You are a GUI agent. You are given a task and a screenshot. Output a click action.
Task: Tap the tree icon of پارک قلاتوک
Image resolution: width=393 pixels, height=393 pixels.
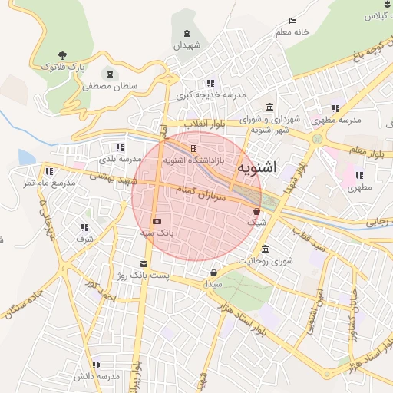[x=61, y=55]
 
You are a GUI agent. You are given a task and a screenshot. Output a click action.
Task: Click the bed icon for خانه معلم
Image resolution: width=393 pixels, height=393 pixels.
[x=292, y=21]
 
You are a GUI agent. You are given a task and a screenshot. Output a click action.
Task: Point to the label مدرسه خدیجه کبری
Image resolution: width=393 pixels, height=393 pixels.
[x=210, y=95]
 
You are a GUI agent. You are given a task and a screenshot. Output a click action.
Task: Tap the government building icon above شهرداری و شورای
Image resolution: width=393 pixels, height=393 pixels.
[x=269, y=107]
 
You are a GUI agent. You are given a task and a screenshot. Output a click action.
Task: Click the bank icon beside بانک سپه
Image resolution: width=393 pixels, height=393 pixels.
[x=157, y=221]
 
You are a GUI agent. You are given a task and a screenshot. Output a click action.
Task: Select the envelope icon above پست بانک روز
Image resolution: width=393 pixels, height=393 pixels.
[x=144, y=264]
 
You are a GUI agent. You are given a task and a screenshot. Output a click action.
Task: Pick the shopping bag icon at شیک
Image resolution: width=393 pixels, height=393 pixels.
[x=256, y=210]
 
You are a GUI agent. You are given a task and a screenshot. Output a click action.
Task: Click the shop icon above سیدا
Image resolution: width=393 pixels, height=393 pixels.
[x=213, y=272]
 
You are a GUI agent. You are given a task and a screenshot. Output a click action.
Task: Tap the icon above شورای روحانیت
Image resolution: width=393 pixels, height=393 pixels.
[x=265, y=249]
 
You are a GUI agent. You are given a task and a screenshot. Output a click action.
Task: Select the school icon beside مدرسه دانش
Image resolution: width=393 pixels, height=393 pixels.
[x=96, y=365]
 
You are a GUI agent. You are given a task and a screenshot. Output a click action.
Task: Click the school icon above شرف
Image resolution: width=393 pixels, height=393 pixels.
[x=84, y=227]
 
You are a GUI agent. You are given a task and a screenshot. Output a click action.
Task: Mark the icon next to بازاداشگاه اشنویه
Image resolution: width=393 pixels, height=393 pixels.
[x=193, y=148]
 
